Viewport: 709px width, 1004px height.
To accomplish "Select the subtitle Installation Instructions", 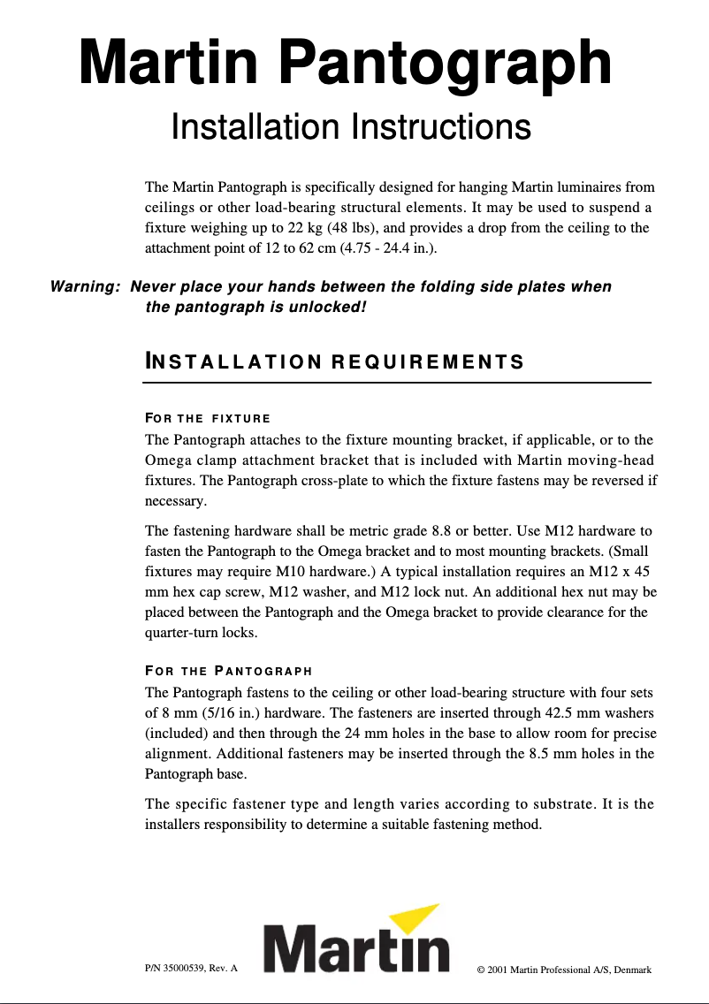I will (350, 127).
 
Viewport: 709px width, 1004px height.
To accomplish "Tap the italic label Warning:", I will (86, 287).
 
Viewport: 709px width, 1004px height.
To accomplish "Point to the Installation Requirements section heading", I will (334, 362).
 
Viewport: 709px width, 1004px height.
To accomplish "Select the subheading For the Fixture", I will (208, 418).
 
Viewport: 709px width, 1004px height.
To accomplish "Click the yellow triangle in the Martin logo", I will (415, 920).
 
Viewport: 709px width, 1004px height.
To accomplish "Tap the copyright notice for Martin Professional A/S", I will (564, 970).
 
